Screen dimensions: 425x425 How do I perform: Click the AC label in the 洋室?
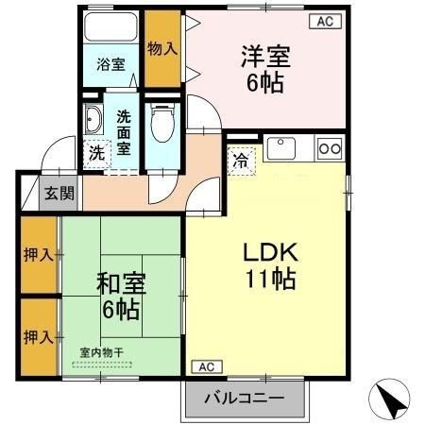point(324,20)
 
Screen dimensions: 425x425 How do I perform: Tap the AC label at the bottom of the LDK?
point(206,366)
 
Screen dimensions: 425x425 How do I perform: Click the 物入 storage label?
point(162,48)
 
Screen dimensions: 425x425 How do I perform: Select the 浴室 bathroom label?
point(111,65)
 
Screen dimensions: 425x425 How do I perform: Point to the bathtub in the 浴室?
point(111,28)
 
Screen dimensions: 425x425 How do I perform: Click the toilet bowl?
point(161,121)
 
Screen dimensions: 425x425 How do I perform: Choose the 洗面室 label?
point(124,132)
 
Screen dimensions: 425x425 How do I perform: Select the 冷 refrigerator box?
point(241,159)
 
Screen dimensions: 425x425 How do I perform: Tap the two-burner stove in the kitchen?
point(330,147)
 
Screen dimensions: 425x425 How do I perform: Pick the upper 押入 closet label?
point(38,254)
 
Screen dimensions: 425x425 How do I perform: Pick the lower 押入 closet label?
point(38,336)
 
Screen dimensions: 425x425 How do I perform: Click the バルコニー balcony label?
point(245,399)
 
